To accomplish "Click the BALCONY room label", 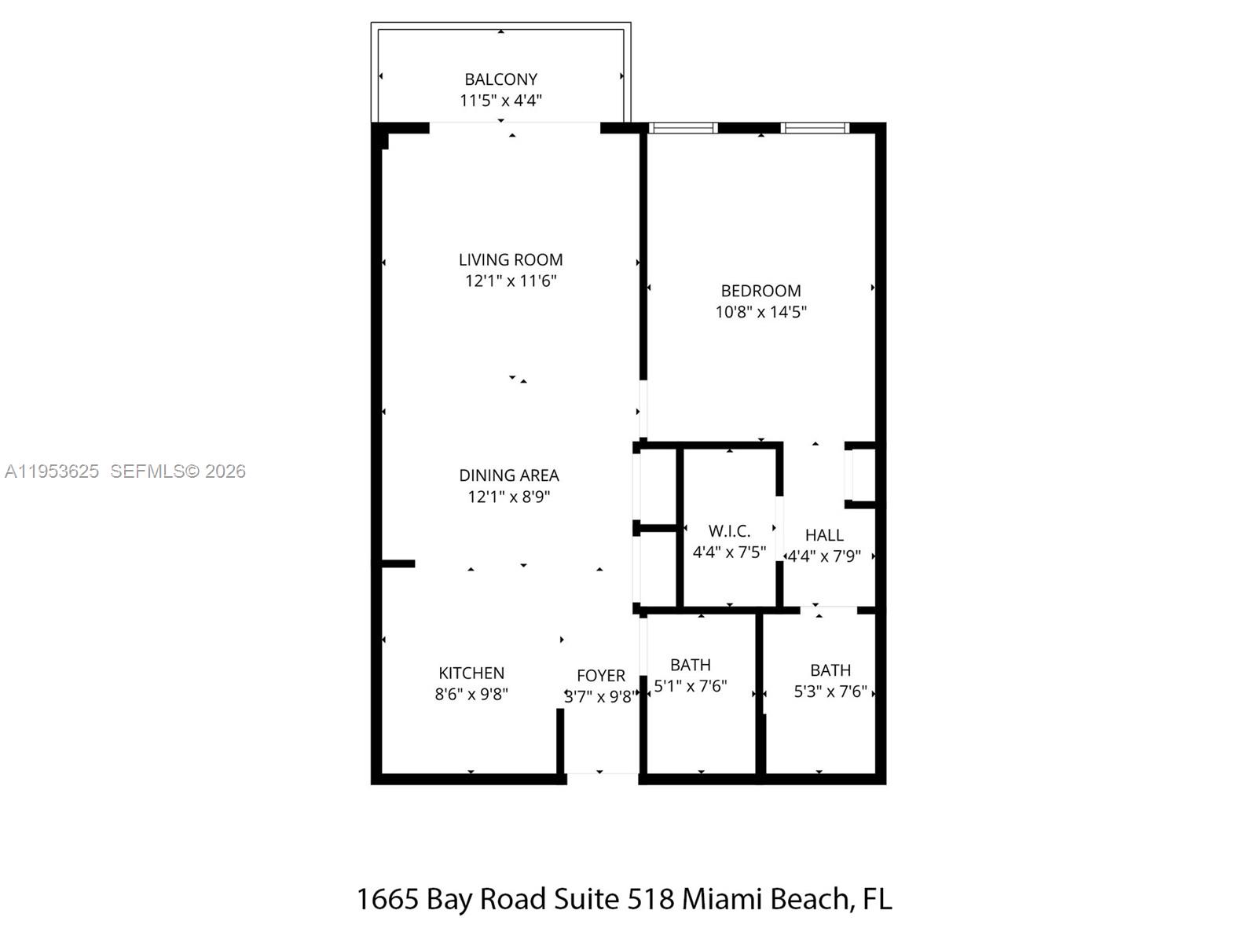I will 500,79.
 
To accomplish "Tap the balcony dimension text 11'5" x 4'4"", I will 500,101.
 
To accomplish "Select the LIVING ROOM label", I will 511,259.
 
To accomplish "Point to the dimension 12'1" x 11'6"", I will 511,281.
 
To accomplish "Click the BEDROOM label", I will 760,291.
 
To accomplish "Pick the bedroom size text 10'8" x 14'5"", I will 760,312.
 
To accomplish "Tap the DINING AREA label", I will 509,475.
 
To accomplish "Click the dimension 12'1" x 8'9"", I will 509,497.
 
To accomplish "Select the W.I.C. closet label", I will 729,531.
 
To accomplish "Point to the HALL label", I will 824,535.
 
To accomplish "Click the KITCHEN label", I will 471,673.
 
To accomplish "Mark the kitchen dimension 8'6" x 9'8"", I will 471,695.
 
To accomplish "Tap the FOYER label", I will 601,676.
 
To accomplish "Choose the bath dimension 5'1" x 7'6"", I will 691,686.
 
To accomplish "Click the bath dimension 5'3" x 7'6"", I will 830,692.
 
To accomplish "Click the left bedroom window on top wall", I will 683,127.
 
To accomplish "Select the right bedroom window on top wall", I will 815,127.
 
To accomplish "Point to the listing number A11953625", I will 52,472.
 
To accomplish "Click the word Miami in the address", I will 721,899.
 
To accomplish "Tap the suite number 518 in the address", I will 650,899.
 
